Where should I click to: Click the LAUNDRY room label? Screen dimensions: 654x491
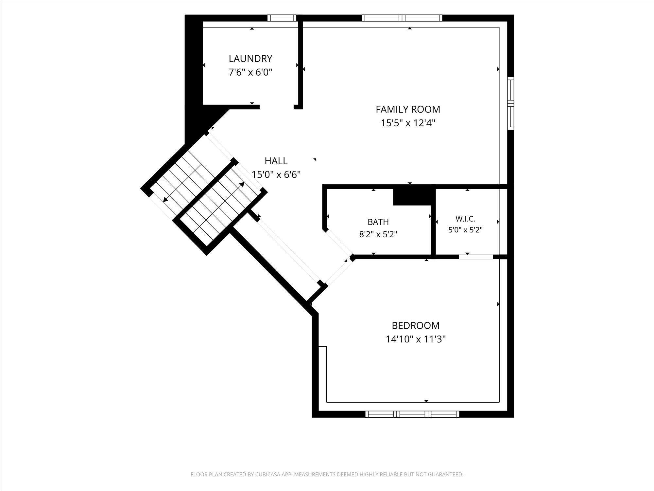[250, 59]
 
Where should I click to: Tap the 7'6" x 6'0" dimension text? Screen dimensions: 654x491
[250, 72]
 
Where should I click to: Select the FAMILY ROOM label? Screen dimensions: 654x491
[408, 109]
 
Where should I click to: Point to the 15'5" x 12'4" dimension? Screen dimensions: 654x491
[408, 123]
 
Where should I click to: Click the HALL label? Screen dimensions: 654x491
[276, 161]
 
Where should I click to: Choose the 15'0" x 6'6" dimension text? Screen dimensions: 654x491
[276, 174]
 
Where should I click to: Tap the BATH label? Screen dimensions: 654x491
[378, 222]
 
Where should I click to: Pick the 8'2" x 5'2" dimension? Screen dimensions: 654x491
[378, 234]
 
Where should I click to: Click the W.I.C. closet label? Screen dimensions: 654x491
[465, 219]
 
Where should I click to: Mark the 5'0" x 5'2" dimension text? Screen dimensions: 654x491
[465, 230]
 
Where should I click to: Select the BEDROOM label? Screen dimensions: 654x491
[416, 325]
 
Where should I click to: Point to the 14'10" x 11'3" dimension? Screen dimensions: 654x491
[416, 339]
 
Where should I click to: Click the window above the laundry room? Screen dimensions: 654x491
[282, 18]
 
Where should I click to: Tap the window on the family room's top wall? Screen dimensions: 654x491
[402, 18]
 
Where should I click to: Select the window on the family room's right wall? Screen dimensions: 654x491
[510, 103]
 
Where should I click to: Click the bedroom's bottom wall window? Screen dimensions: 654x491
[412, 414]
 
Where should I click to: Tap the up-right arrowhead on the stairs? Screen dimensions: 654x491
[242, 185]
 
